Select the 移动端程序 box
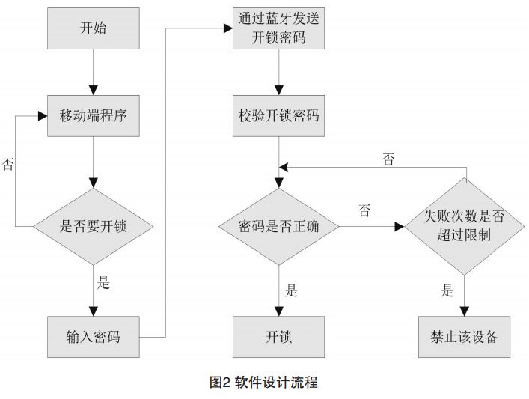[93, 116]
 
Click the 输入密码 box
[93, 336]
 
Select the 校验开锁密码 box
[278, 116]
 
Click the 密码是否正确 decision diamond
[278, 225]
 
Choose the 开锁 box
[278, 336]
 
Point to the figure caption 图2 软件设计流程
[263, 383]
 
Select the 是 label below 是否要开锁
[104, 283]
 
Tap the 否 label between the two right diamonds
[364, 212]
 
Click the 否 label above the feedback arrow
[388, 159]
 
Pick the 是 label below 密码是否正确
[291, 290]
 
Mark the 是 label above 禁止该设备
[447, 290]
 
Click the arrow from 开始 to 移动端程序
[93, 71]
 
